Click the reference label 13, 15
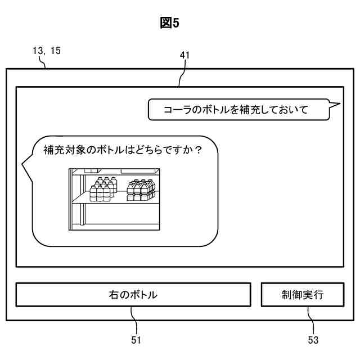[x=47, y=51]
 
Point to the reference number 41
[x=184, y=55]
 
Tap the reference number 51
[x=135, y=340]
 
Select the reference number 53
[x=313, y=340]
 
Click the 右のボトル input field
[x=133, y=294]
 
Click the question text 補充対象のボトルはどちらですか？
[x=123, y=151]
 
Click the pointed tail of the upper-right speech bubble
[x=335, y=104]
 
